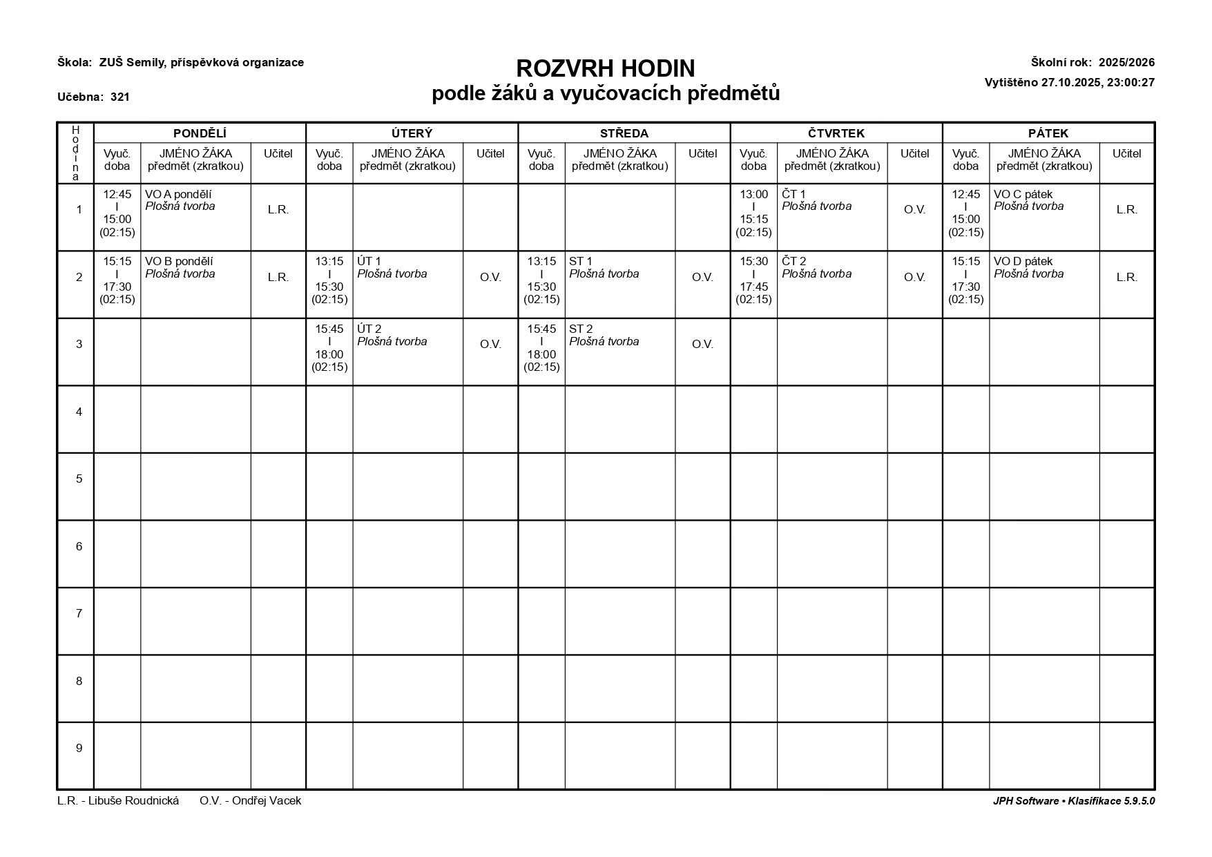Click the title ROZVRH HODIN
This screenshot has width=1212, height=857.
tap(605, 68)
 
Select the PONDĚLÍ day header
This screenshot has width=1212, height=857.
tap(200, 133)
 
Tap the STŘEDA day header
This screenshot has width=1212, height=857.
tap(624, 133)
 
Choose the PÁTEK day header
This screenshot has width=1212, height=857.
tap(1048, 133)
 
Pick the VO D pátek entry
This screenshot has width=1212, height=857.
tap(1023, 262)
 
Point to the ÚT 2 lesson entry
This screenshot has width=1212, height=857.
tap(369, 329)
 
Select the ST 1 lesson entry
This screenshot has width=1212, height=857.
tap(581, 262)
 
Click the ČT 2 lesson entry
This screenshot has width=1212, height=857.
tap(793, 262)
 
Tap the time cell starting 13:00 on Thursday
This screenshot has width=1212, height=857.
tap(753, 213)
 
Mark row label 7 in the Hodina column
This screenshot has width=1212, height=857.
tap(79, 613)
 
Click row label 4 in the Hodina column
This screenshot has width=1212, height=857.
tap(79, 412)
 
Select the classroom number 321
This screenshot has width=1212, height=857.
tap(120, 97)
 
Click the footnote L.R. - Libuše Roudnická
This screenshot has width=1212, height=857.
tap(118, 801)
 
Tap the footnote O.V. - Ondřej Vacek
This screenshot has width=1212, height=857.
tap(250, 801)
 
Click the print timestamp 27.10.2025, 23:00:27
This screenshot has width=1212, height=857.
tap(1097, 83)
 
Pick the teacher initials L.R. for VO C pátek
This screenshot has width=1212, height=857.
tap(1126, 210)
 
